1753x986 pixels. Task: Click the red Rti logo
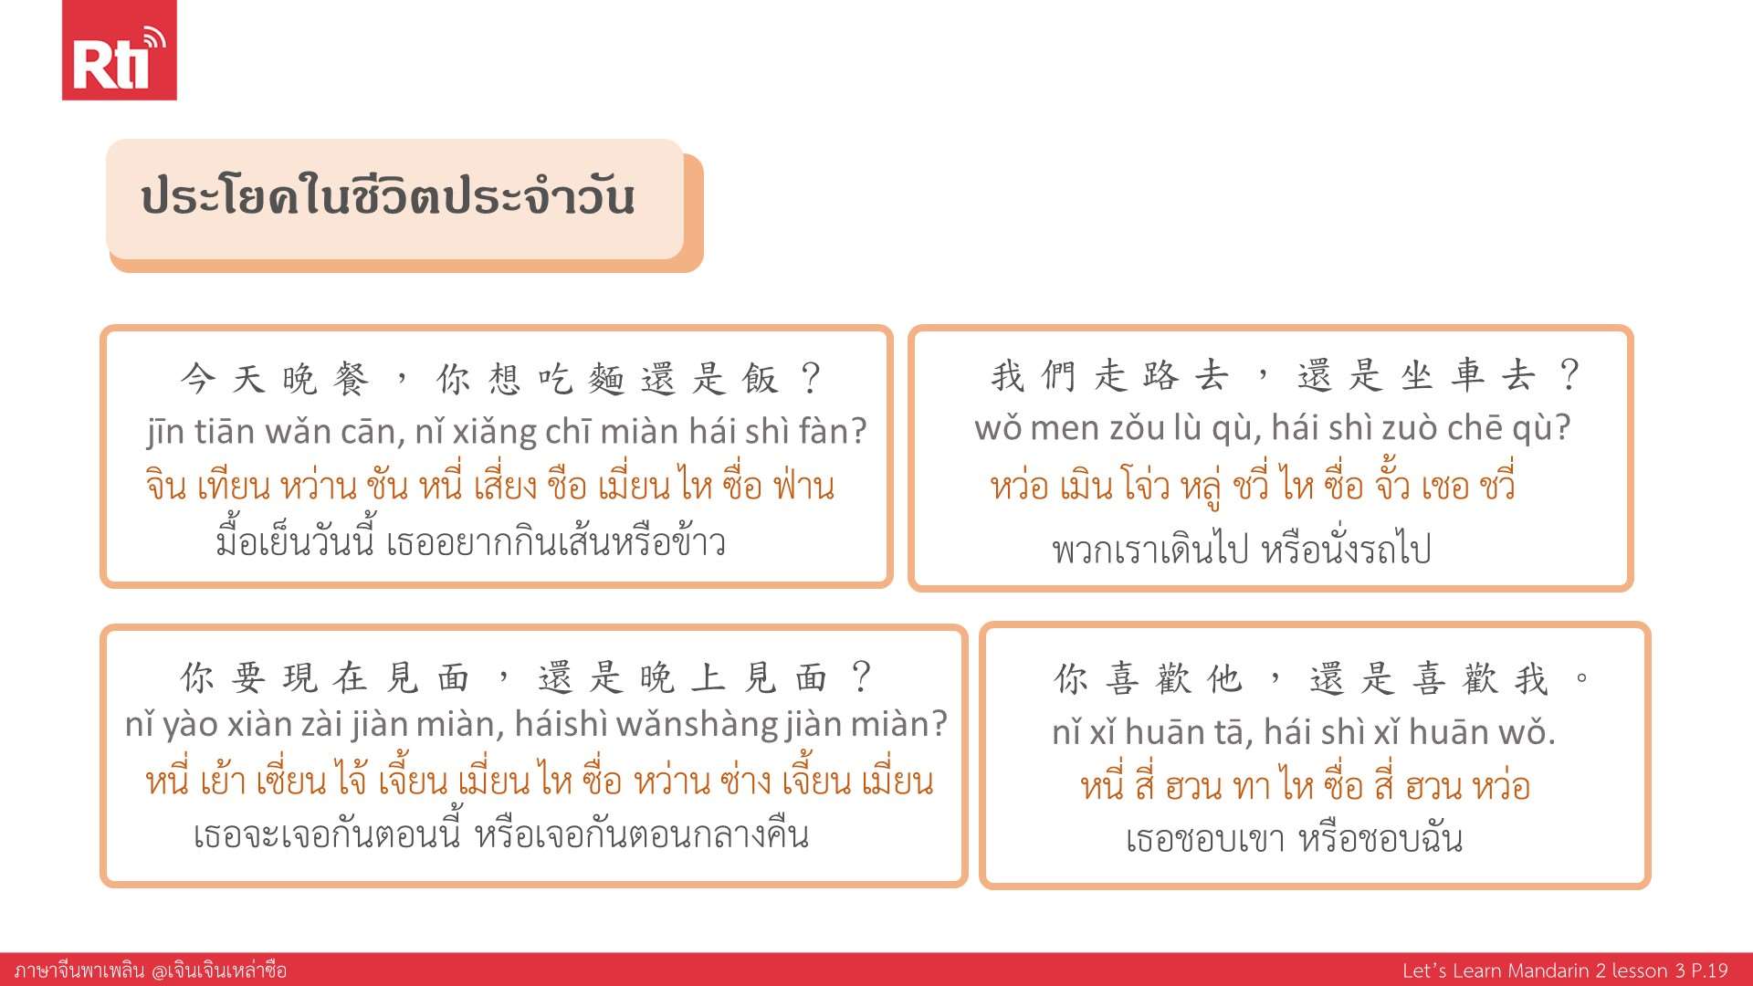tap(119, 50)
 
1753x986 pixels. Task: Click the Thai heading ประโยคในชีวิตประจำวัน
tap(388, 196)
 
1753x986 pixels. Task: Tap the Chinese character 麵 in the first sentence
tap(605, 378)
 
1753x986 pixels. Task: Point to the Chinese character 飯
tap(760, 378)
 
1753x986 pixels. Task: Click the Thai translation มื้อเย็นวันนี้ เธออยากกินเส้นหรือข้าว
tap(471, 541)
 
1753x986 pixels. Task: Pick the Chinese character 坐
tap(1416, 375)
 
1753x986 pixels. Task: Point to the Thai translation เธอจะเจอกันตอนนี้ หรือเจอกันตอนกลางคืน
tap(501, 834)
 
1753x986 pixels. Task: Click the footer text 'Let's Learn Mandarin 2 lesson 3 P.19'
tap(1565, 970)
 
